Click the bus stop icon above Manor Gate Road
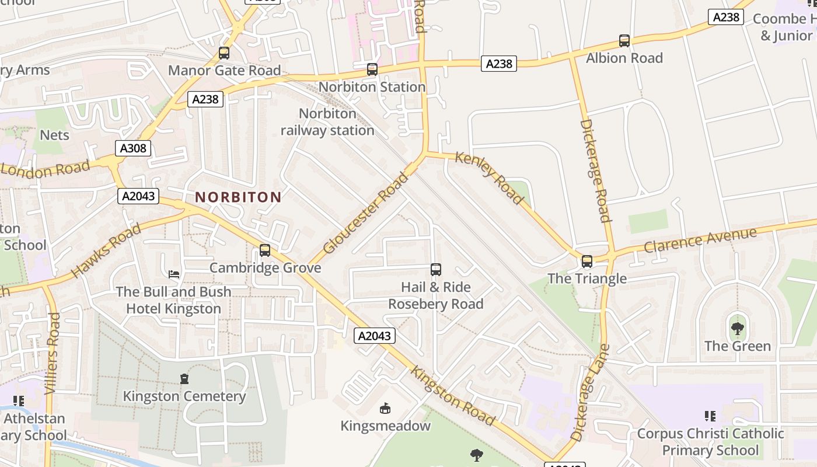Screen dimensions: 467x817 [224, 53]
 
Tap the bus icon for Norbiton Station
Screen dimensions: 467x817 [372, 69]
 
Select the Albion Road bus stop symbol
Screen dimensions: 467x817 [624, 41]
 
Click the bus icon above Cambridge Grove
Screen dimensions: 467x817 [265, 250]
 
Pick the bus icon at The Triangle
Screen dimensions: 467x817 [587, 262]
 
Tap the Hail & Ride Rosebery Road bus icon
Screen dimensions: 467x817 [436, 270]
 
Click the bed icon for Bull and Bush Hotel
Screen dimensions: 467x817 [174, 274]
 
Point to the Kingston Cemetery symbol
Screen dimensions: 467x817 [184, 379]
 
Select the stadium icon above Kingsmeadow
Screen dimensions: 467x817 [385, 408]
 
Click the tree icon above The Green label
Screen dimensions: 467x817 [738, 328]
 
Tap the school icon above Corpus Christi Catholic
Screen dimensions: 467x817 [710, 416]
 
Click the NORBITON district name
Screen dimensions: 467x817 [238, 197]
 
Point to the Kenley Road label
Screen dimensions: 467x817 [489, 178]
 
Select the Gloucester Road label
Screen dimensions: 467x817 [366, 212]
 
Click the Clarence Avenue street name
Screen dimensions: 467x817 [700, 240]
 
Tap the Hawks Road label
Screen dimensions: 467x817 [106, 250]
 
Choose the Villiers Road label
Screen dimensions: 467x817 [53, 353]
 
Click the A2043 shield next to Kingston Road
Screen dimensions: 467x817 [375, 336]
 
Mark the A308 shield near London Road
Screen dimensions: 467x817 [133, 149]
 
